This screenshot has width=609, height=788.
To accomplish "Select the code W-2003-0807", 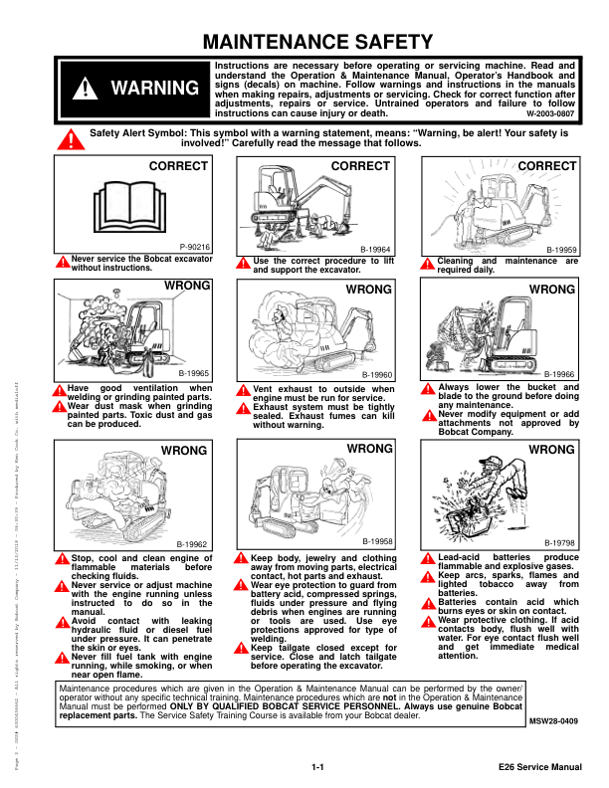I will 550,113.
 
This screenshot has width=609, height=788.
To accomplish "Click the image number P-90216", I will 195,246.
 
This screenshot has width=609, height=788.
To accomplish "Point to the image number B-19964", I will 375,252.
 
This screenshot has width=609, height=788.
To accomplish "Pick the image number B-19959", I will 561,251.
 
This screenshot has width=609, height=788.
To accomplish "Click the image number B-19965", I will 193,372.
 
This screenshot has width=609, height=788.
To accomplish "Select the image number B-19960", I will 379,373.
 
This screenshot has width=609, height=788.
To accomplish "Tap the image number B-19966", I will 561,373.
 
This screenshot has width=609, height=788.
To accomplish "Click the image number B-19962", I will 192,544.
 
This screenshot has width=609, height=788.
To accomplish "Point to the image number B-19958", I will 378,540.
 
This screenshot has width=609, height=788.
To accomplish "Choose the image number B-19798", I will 561,542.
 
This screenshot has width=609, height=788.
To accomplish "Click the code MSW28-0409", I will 554,719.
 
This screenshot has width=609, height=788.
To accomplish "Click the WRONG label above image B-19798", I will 551,450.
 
